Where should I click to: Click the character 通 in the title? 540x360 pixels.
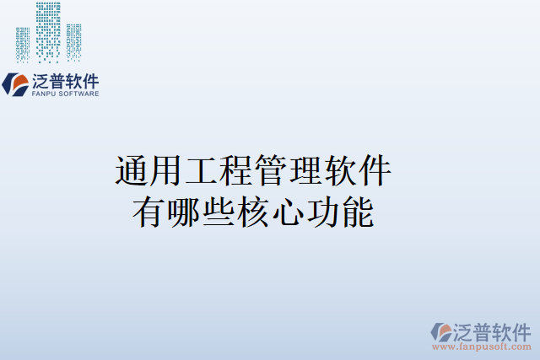(132, 171)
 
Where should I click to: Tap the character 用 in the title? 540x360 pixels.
(166, 171)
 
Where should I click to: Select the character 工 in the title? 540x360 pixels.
(201, 171)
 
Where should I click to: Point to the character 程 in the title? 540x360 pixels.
(235, 171)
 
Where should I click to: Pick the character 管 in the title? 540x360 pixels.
(270, 171)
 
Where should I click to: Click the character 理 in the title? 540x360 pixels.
(305, 171)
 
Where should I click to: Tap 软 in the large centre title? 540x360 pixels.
(339, 171)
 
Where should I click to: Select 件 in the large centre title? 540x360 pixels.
(374, 171)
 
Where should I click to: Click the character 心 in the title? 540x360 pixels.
(288, 212)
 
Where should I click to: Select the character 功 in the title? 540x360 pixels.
(322, 212)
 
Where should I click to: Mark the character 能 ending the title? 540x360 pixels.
(357, 212)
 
